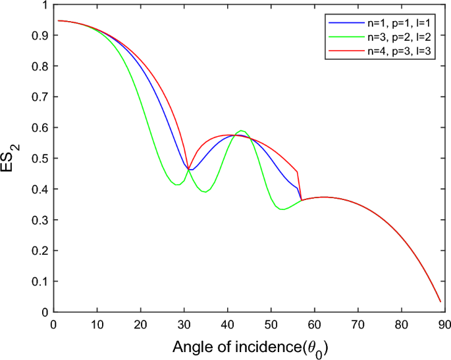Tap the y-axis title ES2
[x=14, y=158]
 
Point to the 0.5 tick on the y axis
[x=44, y=159]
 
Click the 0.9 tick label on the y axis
[x=44, y=36]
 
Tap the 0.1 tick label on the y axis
[x=44, y=282]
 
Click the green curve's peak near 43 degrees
[x=242, y=131]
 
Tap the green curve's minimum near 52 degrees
[x=282, y=209]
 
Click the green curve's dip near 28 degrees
[x=176, y=185]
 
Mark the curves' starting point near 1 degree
[x=58, y=20]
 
